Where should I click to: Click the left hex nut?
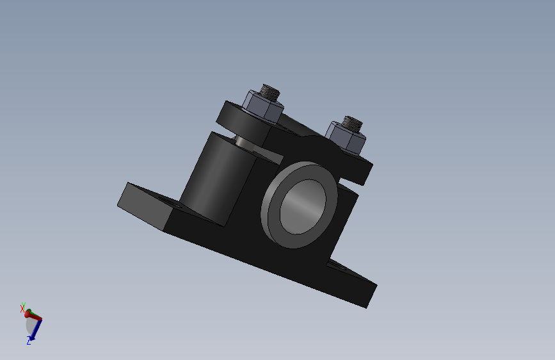[262, 106]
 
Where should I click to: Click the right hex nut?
[345, 138]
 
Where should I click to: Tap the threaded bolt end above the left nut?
[270, 92]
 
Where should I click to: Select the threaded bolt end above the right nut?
[352, 123]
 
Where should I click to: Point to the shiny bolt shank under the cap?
[243, 142]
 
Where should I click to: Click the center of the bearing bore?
[303, 206]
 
